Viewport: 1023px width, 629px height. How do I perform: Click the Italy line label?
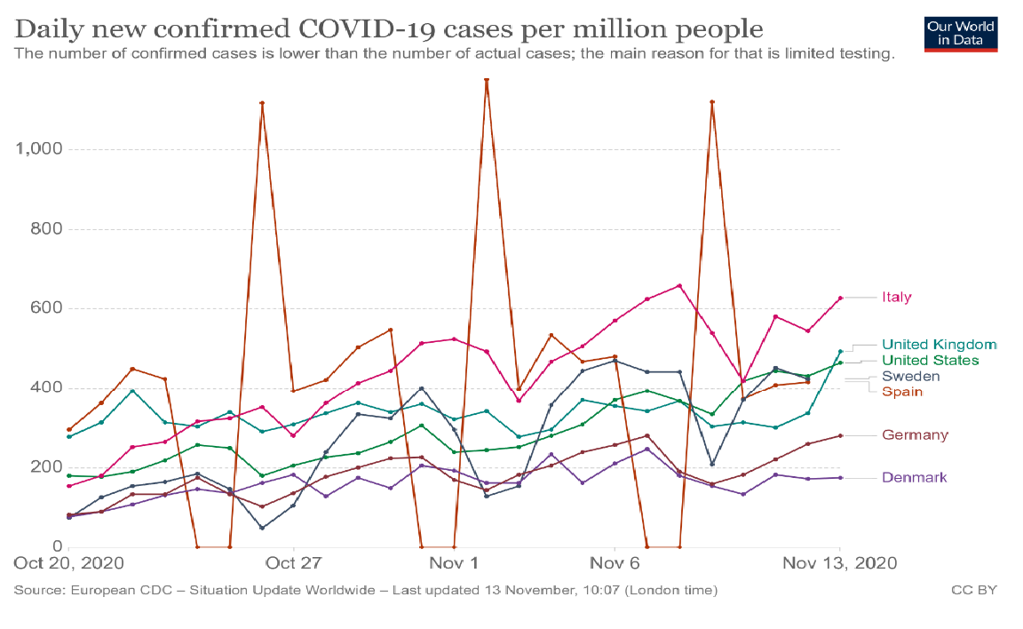(896, 298)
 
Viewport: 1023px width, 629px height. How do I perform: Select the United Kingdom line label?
(939, 345)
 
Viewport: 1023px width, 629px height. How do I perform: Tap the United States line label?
(930, 361)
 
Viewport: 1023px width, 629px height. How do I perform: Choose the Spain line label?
(901, 392)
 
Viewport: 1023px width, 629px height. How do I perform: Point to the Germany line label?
(915, 435)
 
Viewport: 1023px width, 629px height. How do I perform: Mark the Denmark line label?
(914, 478)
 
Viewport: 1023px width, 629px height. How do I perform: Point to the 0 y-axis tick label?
(55, 546)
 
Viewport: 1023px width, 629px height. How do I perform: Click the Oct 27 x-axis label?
(293, 564)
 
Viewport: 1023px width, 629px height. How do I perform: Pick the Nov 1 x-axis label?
(455, 564)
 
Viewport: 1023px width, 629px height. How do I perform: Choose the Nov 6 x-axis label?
(615, 564)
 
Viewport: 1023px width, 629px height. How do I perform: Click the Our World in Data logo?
(960, 33)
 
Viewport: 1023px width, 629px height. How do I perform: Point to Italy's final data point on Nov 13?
(840, 299)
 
